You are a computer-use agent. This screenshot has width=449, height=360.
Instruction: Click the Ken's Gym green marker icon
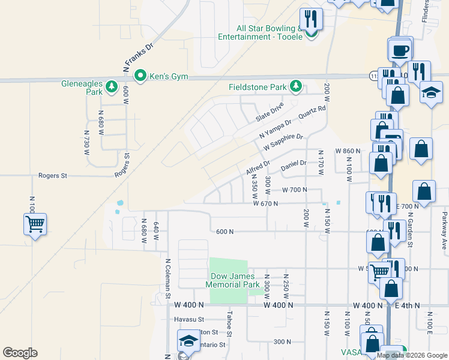tap(140, 76)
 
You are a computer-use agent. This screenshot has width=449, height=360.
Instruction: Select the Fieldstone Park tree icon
tap(295, 87)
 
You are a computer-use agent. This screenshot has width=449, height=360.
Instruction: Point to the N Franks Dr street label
tap(139, 58)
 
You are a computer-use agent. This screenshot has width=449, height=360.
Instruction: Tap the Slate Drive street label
tap(270, 110)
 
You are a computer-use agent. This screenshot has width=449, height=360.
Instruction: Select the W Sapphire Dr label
tap(283, 144)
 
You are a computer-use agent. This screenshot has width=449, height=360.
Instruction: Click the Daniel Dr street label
tap(294, 163)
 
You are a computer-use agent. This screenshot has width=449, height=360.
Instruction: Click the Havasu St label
tap(190, 319)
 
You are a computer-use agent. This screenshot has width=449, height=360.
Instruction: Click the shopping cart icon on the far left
tap(35, 224)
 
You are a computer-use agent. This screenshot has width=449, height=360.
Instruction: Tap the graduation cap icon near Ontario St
tap(188, 341)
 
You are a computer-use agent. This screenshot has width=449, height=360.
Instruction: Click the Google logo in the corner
tap(20, 353)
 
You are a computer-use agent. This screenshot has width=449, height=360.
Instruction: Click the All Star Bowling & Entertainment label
tap(270, 32)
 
